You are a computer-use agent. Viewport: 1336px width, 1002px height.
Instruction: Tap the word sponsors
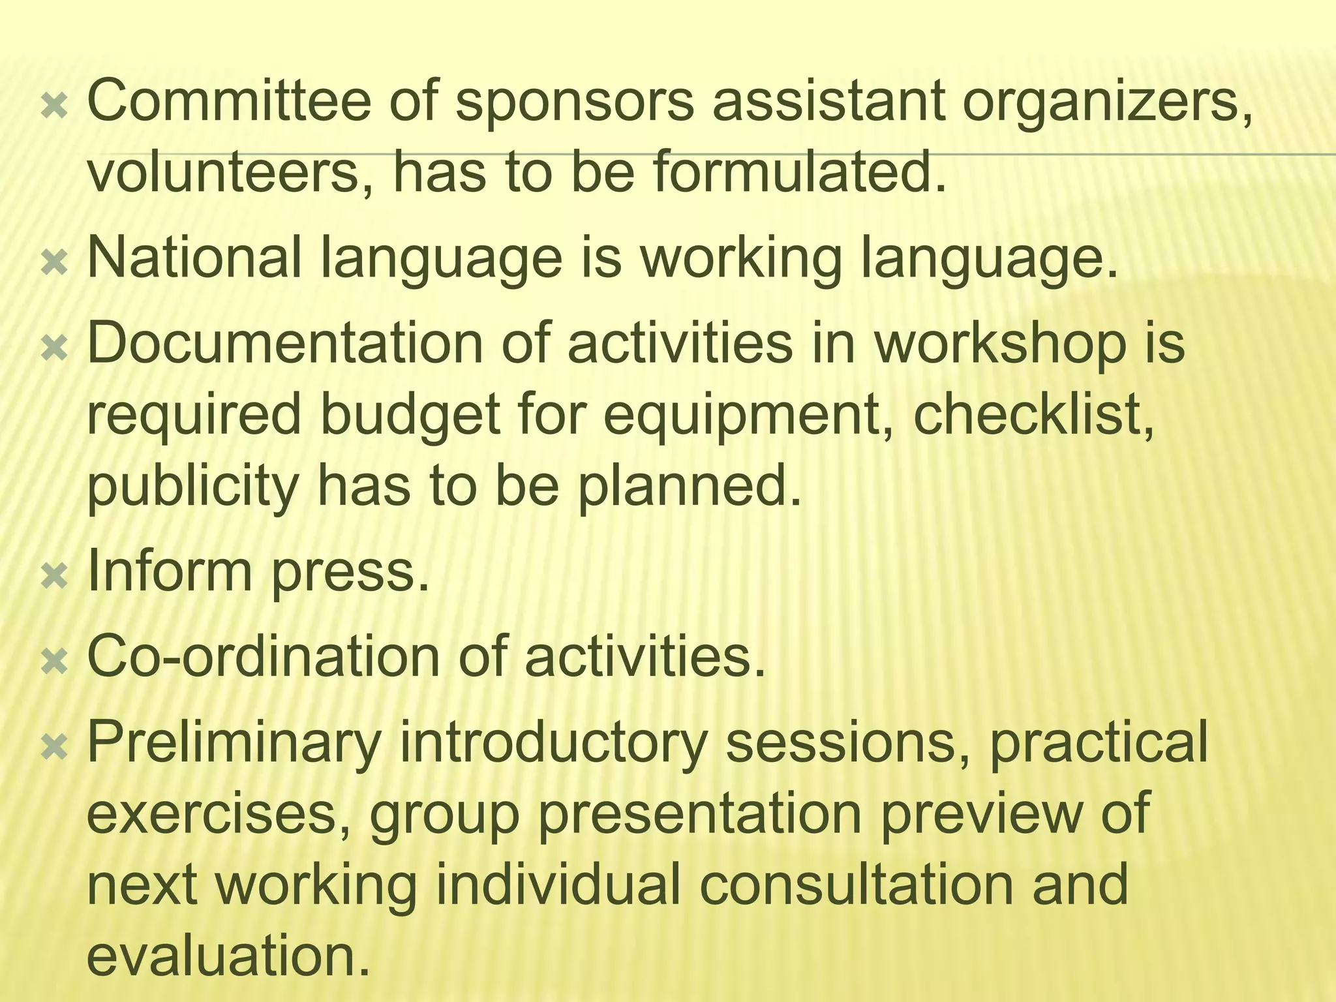[574, 104]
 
